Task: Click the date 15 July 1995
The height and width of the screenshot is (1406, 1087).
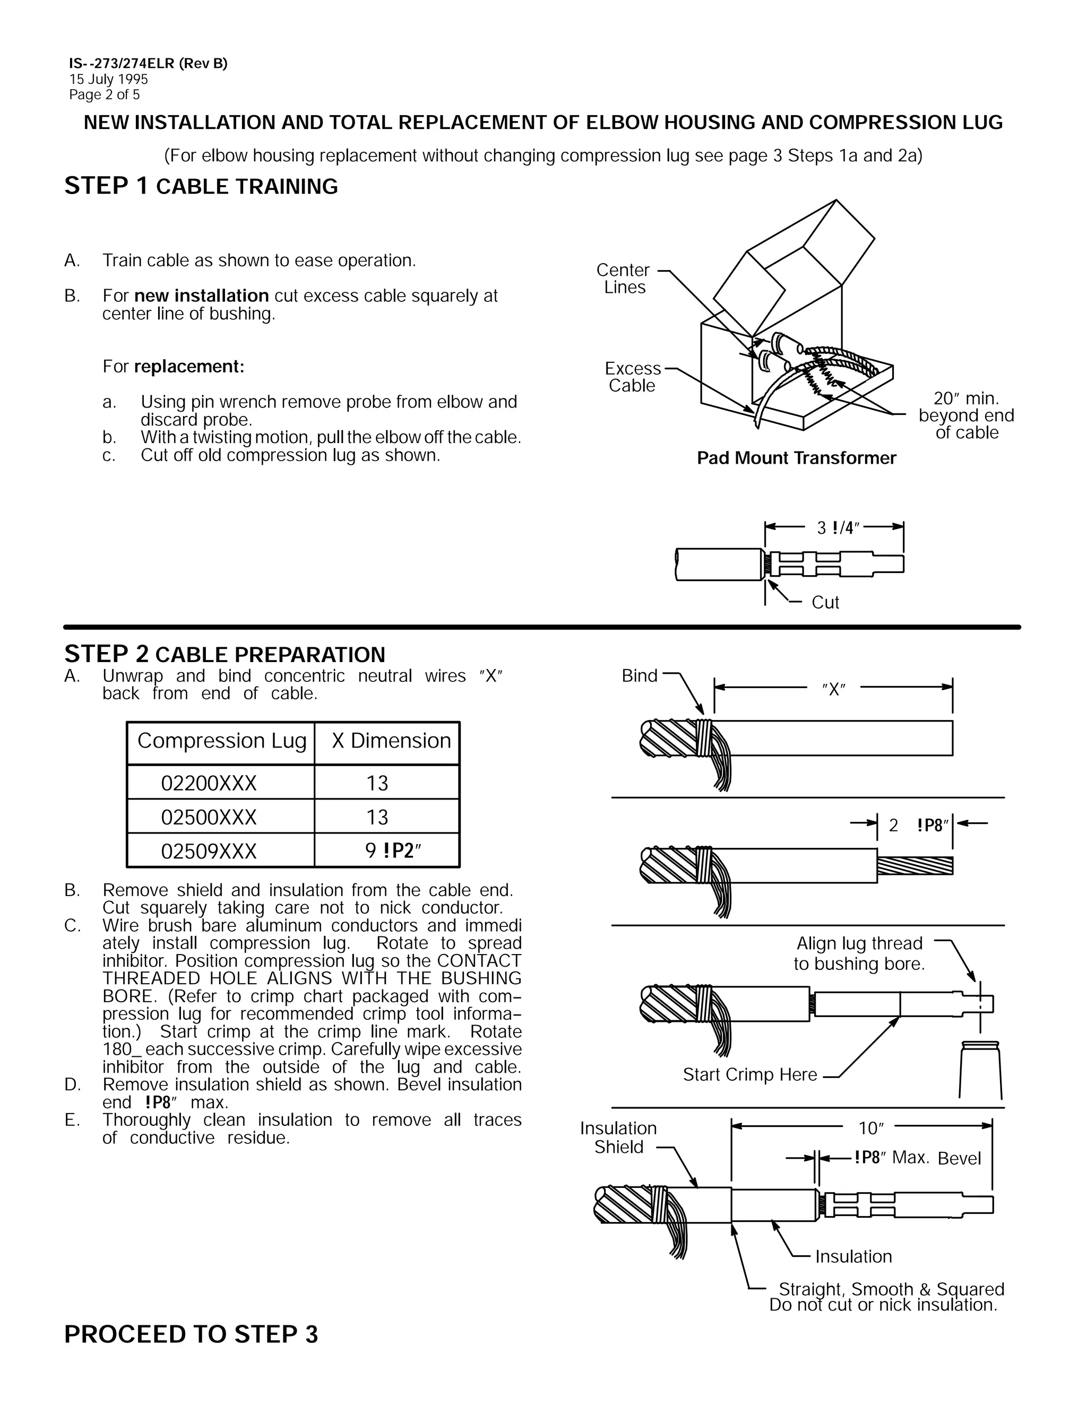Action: (x=108, y=79)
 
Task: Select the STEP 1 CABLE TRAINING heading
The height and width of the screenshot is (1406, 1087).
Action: (x=201, y=186)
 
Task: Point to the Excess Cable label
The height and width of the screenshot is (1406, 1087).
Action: (x=632, y=377)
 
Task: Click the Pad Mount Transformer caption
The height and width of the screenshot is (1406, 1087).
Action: (x=796, y=458)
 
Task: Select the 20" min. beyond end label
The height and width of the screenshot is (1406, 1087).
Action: (x=966, y=415)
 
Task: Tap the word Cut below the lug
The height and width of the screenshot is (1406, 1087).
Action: (x=825, y=602)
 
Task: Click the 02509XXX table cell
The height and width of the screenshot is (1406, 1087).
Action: (x=209, y=851)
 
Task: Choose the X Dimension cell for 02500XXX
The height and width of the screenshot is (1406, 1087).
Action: (x=377, y=817)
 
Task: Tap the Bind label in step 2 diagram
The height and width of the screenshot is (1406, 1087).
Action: (x=639, y=675)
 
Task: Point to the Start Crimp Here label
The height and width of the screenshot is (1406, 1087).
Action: (x=749, y=1074)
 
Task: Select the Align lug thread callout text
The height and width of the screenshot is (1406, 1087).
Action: (x=859, y=953)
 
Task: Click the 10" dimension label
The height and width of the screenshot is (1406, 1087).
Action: (x=870, y=1128)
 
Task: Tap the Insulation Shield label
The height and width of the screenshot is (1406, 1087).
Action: (x=618, y=1138)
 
